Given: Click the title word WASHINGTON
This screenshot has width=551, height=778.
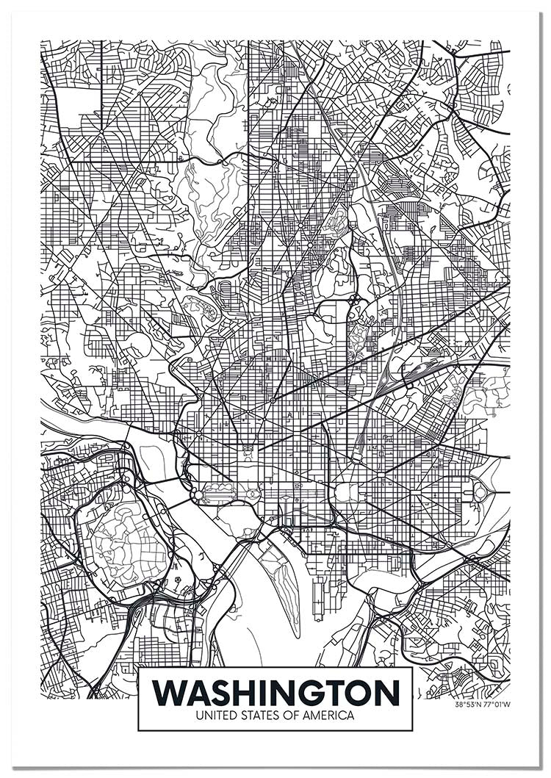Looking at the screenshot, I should point(275,692).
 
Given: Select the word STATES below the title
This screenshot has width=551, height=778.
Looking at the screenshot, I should point(262,715).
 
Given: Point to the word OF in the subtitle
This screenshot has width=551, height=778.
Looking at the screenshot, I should point(294,715).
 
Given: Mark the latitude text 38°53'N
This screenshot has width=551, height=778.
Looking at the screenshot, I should point(468,705).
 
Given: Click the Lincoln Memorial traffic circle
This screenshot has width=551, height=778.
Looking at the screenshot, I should point(198,495).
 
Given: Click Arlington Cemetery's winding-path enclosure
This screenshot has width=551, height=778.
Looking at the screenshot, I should point(125,544).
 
